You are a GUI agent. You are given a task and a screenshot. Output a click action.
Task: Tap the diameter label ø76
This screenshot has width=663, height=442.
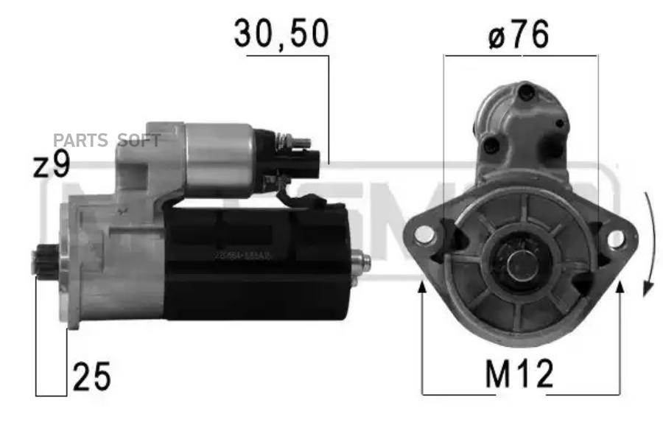coord(519,35)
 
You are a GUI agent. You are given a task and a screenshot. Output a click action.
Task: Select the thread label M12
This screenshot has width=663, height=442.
coord(519,376)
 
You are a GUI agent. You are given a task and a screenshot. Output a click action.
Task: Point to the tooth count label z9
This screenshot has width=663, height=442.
coord(51,166)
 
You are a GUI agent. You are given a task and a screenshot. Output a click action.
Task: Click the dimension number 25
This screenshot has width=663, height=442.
coord(91,377)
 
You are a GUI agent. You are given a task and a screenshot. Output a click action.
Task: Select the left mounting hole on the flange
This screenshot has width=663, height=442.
coord(425,235)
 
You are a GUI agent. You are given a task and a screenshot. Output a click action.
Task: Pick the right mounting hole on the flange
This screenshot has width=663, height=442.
coord(615,237)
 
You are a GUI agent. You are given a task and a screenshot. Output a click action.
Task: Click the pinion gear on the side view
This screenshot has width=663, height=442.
coord(41,262)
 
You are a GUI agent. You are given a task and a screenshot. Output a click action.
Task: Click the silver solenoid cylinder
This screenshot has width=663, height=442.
coord(219,160)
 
